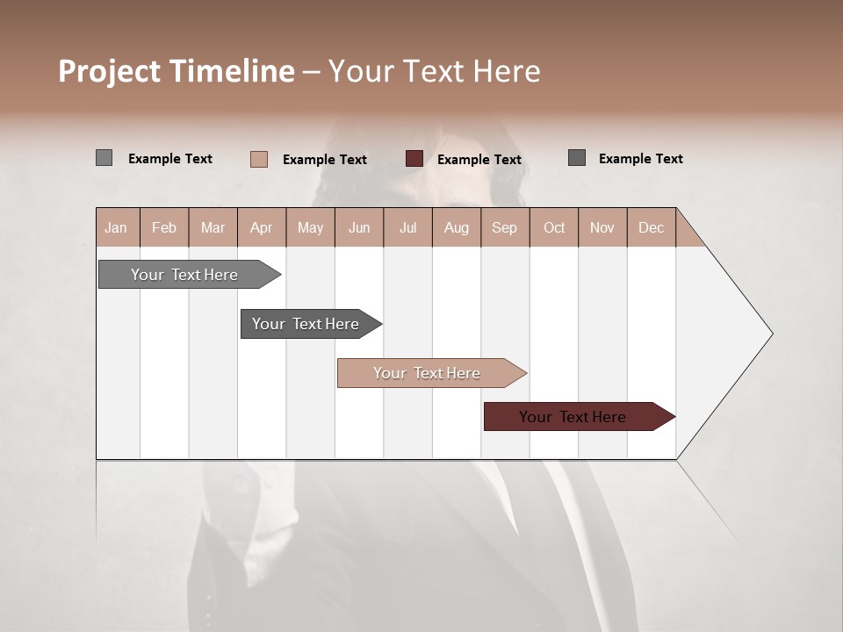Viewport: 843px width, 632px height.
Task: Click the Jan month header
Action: click(116, 228)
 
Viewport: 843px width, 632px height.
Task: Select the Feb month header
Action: click(164, 228)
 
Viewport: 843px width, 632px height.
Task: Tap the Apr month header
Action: click(261, 228)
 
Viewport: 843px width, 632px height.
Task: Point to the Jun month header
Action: click(358, 228)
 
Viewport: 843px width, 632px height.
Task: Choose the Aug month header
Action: click(456, 228)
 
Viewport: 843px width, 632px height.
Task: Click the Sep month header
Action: click(504, 228)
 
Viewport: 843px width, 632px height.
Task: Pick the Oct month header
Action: click(553, 228)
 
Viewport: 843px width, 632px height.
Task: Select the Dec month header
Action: click(651, 228)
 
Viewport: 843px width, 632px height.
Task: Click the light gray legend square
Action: click(104, 158)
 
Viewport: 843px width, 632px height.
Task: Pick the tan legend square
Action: click(258, 159)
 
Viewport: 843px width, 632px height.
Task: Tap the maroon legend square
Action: click(414, 159)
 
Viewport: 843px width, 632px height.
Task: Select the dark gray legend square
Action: click(577, 158)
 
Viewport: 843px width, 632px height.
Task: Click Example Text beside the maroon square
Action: click(479, 160)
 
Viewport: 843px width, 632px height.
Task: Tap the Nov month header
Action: click(602, 228)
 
